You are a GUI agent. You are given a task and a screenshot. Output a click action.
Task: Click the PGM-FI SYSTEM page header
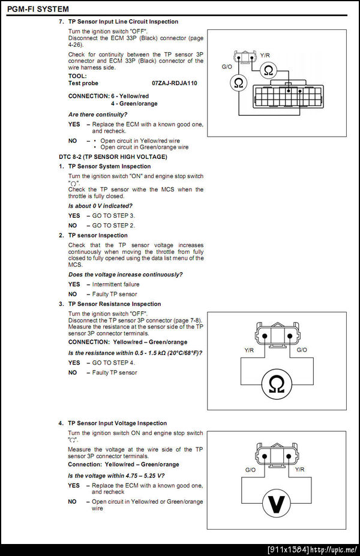point(37,9)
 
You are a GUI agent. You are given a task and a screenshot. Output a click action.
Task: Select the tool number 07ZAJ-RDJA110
point(175,83)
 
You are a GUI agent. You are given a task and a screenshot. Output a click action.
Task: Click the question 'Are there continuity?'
point(98,114)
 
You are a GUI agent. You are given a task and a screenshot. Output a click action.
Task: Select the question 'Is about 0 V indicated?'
point(100,206)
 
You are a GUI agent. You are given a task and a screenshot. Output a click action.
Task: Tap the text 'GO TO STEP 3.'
point(114,215)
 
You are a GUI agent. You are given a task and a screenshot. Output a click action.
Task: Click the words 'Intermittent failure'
point(116,284)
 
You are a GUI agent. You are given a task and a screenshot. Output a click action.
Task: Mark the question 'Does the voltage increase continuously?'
point(125,274)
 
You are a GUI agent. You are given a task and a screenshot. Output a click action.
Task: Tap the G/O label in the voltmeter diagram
point(251,470)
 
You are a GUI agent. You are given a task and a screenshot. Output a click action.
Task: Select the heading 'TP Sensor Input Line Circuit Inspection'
point(123,22)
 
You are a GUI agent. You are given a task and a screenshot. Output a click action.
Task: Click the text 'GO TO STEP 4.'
point(114,362)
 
